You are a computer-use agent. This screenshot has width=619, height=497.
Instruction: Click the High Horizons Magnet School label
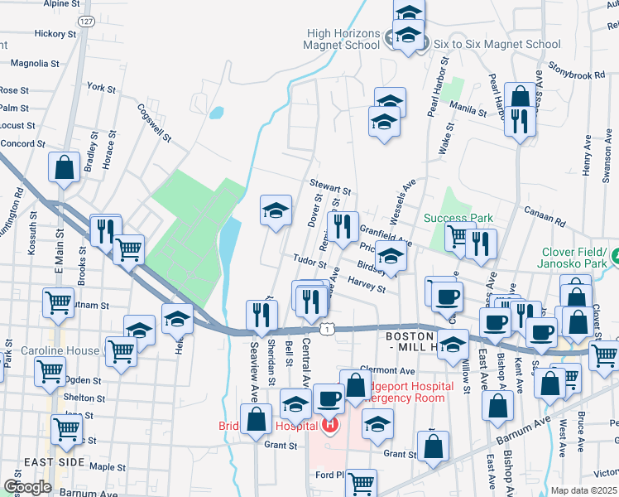[343, 39]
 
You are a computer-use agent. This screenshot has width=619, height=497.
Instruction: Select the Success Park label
[458, 219]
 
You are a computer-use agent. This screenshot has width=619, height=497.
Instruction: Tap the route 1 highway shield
[329, 330]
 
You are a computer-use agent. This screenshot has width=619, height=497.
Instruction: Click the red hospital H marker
[329, 427]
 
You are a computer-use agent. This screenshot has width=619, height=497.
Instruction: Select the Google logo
[27, 487]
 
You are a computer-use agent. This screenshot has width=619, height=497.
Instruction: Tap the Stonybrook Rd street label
[575, 75]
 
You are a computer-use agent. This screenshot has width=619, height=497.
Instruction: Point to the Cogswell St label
[154, 122]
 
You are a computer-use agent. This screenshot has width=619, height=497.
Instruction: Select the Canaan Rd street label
[548, 222]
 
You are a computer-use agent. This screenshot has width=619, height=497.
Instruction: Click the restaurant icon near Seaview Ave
[258, 314]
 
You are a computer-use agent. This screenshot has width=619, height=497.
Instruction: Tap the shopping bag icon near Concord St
[63, 166]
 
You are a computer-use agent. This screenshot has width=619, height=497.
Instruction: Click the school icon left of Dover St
[276, 210]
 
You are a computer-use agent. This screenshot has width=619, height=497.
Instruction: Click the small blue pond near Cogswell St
[217, 113]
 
